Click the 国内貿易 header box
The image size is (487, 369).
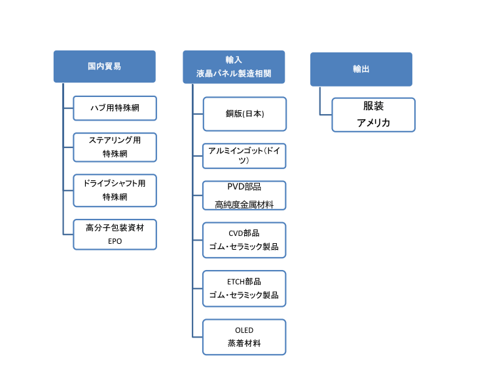[x=104, y=67]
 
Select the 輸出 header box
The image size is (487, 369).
[x=361, y=69]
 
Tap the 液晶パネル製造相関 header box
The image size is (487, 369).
[x=234, y=67]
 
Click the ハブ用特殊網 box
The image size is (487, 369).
[x=115, y=108]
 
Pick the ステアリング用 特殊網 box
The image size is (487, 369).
[x=115, y=147]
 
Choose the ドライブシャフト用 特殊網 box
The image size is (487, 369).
[x=115, y=191]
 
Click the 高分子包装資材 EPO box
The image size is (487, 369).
[x=115, y=235]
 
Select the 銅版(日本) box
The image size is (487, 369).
[x=245, y=114]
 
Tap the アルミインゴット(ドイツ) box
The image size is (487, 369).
[x=244, y=156]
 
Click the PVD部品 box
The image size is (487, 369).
[x=244, y=195]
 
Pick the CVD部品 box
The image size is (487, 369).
[x=244, y=240]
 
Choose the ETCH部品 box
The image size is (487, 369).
[x=244, y=288]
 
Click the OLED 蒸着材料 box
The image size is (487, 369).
[x=244, y=337]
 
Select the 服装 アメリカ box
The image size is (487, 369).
[x=373, y=115]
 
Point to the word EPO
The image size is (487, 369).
[x=115, y=241]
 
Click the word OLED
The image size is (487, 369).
[x=244, y=330]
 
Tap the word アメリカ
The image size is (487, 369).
[x=373, y=123]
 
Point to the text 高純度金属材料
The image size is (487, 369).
[x=244, y=204]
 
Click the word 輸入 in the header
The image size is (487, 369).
[x=234, y=60]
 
